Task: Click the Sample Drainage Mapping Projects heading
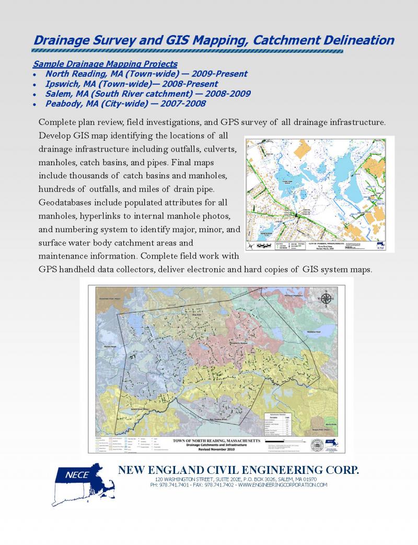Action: click(x=105, y=64)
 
